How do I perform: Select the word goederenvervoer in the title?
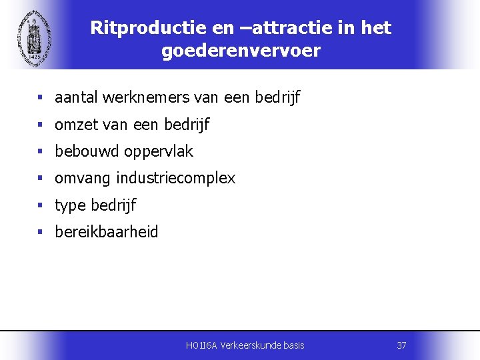coord(241,51)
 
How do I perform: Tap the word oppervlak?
coord(158,152)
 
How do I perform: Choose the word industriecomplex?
coord(176,179)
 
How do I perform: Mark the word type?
coord(70,206)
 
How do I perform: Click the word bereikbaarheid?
coord(107,232)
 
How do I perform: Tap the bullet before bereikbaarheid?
coord(41,232)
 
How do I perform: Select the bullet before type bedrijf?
coord(41,205)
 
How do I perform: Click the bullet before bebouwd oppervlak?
coord(41,151)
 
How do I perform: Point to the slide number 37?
coord(401,345)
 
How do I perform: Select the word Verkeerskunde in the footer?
coord(255,345)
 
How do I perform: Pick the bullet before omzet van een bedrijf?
coord(41,125)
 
